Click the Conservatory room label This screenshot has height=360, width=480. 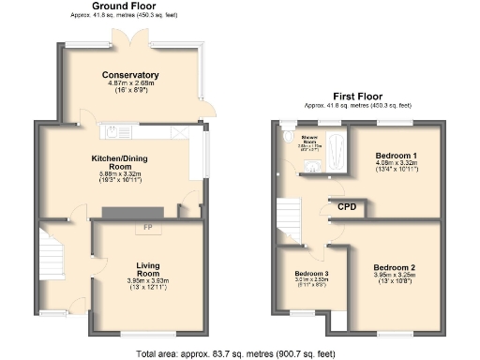129,75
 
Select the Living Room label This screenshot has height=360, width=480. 147,269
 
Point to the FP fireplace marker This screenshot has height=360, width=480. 147,229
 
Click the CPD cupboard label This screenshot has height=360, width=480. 347,206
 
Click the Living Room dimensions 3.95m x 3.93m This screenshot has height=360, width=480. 147,283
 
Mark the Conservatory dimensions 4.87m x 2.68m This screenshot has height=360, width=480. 129,85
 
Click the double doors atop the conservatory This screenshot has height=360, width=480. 129,41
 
